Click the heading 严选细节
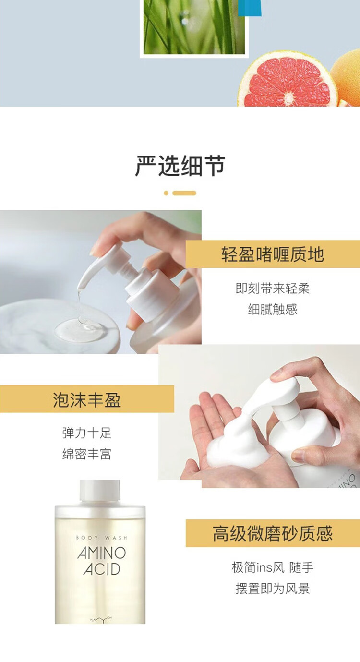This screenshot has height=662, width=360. pos(180,166)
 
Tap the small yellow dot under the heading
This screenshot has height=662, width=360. pos(166,193)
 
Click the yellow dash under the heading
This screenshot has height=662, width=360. pos(184,193)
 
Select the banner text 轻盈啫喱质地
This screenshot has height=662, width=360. pos(273,254)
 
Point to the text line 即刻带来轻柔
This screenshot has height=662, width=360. pos(273,288)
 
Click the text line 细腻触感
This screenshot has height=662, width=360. pos(273,309)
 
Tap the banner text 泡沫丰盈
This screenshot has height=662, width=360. pos(87,400)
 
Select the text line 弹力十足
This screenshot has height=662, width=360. pos(87,433)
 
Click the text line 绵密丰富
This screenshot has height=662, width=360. pos(87,454)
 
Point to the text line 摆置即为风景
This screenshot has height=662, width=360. pos(273,589)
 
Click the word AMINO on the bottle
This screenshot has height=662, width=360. pos(102,553)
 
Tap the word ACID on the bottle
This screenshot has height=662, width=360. pos(102,569)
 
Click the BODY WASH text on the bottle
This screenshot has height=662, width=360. pos(101,538)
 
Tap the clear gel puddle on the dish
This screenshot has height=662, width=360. pos(79,330)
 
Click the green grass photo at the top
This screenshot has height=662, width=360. pos(194,27)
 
